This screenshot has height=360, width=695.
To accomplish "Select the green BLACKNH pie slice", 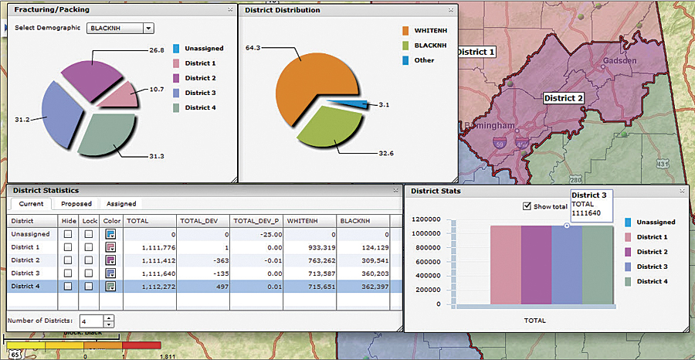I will [328, 127].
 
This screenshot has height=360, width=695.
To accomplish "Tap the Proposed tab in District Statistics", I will [76, 204].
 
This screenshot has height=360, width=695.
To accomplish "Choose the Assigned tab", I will [121, 204].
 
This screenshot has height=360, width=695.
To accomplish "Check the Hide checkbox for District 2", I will [68, 260].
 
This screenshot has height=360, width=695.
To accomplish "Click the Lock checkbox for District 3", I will [89, 273].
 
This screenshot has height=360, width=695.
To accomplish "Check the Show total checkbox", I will [527, 206].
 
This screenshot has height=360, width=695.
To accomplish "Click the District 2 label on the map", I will [563, 98].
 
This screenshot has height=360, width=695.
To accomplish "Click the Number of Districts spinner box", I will [92, 320].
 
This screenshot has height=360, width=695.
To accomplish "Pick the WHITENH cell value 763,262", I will [310, 260].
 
